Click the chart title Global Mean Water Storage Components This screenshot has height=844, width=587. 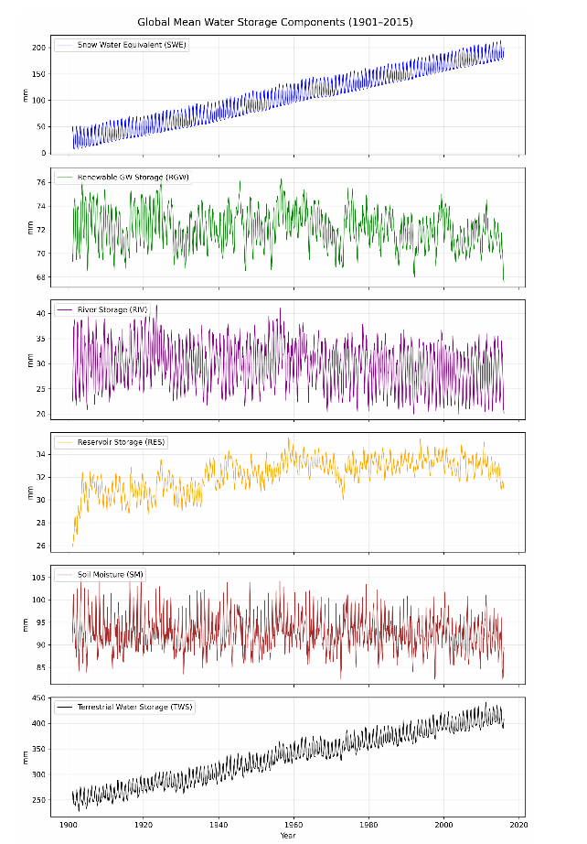[x=287, y=21]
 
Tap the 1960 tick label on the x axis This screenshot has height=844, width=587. [x=293, y=823]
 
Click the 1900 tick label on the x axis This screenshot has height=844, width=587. [x=67, y=823]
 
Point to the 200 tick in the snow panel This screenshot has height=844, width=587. [x=39, y=47]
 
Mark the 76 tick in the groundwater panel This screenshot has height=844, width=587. [x=42, y=182]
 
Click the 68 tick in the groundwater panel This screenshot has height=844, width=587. [x=42, y=276]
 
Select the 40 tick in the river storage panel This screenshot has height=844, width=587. [x=42, y=313]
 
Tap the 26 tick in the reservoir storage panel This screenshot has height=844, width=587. [x=42, y=546]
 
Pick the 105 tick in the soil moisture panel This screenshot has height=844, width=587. [x=39, y=578]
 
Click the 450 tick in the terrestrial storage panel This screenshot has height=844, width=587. [x=39, y=698]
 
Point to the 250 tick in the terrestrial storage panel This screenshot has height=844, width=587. [x=39, y=800]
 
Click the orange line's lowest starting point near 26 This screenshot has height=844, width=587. [x=73, y=545]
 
